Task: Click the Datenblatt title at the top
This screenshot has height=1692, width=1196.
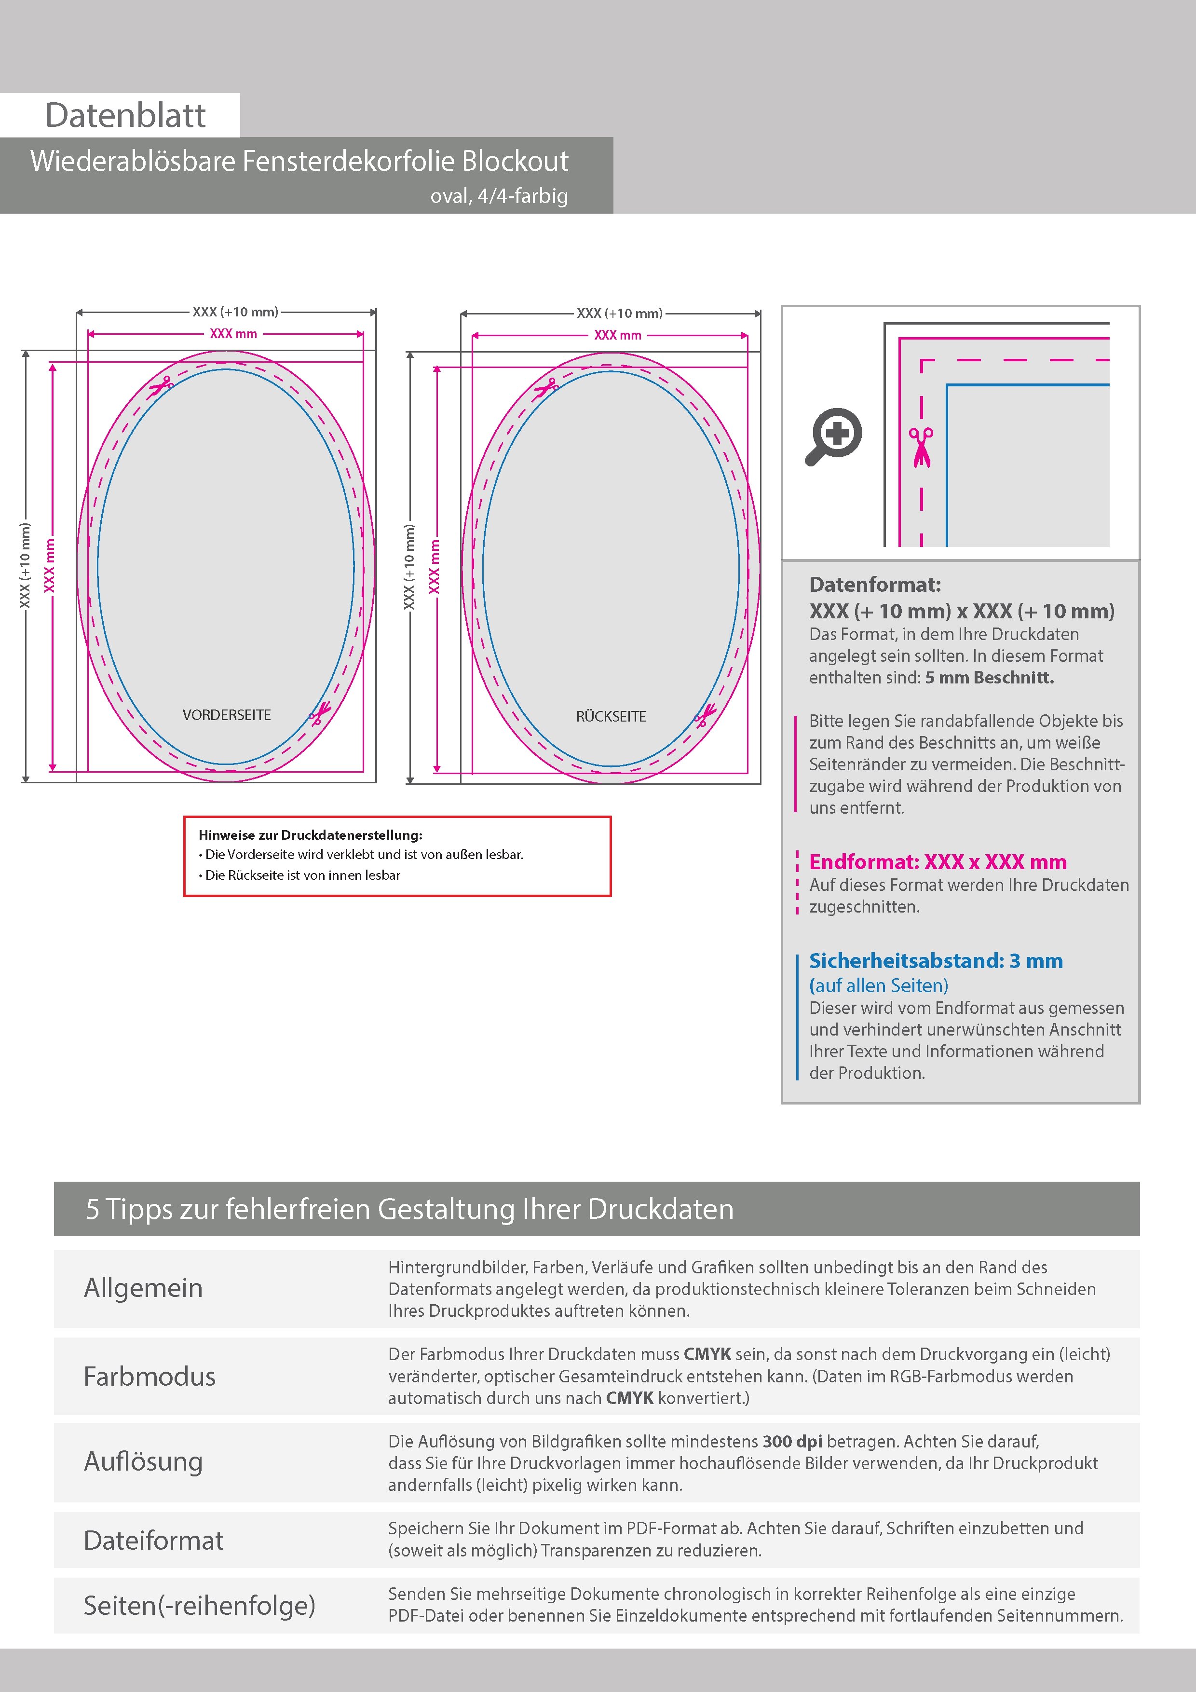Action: [x=125, y=116]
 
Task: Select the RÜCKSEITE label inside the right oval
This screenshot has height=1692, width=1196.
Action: [x=611, y=716]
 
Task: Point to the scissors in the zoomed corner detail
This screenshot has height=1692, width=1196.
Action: [x=921, y=447]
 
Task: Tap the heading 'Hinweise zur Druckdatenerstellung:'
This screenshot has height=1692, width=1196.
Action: [x=310, y=835]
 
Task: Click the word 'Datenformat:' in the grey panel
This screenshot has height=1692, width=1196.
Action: [x=875, y=585]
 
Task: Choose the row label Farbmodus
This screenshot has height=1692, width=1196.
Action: [x=149, y=1376]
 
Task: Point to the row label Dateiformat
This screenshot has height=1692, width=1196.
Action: [x=153, y=1540]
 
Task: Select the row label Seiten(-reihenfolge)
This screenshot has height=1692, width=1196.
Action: [x=199, y=1605]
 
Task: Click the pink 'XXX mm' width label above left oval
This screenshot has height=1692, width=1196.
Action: [x=233, y=334]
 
